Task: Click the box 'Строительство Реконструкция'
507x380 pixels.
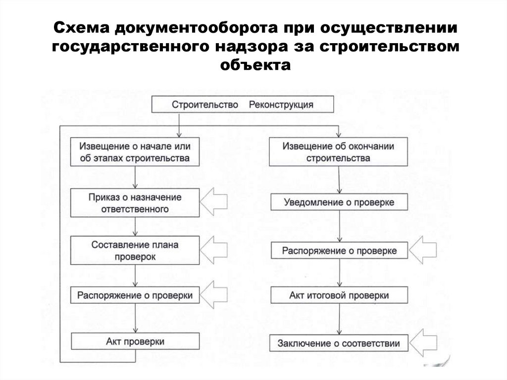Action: point(242,105)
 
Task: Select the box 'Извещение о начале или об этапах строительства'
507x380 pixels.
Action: point(135,152)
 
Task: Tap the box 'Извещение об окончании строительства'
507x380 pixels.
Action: point(339,152)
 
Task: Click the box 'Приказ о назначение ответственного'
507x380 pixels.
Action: point(135,203)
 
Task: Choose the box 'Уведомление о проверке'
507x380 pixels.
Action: point(339,203)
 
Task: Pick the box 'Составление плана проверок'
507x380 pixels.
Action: point(135,251)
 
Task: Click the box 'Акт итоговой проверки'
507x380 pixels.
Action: point(339,295)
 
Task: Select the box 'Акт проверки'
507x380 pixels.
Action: point(135,342)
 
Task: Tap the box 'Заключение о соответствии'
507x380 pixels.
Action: point(339,342)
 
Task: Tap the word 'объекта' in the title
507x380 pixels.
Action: point(253,65)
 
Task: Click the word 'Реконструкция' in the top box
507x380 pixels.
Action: point(280,105)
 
